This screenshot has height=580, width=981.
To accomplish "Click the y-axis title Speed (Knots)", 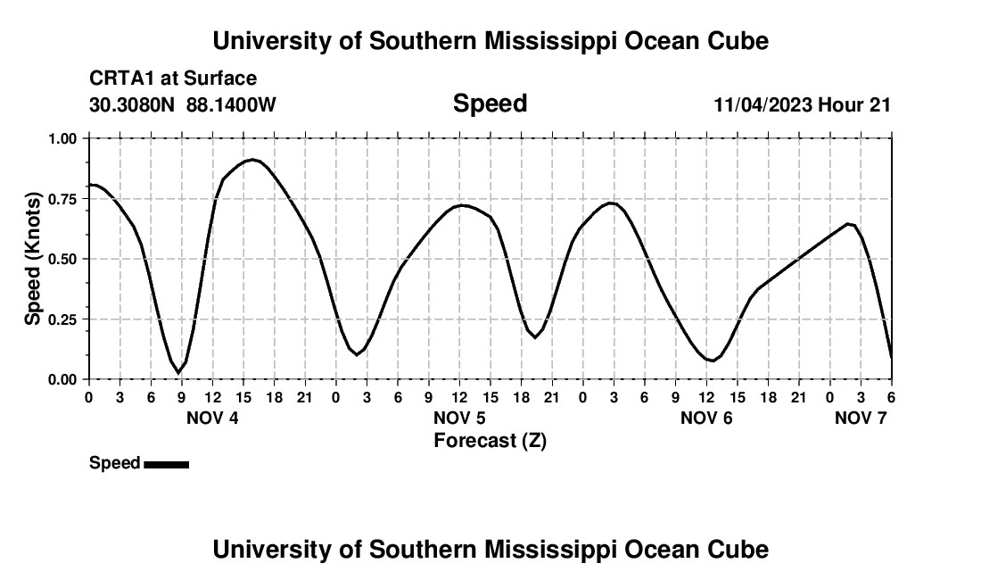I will pos(33,259).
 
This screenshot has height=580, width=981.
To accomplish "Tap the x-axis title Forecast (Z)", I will pos(490,440).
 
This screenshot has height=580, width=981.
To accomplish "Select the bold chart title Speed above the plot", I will pos(490,104).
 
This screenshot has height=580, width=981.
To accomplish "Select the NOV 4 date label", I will pos(212,418).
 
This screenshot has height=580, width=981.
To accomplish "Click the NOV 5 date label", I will pos(459,418).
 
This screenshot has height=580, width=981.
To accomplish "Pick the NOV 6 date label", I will pos(706,418).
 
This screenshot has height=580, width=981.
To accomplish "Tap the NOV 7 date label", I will pos(861,418).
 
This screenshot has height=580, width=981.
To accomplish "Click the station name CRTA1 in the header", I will pos(120,79).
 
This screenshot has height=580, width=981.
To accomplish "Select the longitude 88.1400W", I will pos(231,104).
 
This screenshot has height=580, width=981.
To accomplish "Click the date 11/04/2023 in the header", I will pos(763,104).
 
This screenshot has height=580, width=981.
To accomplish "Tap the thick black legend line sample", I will pos(166,464).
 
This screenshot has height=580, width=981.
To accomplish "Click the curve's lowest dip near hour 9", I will pos(178,372).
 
